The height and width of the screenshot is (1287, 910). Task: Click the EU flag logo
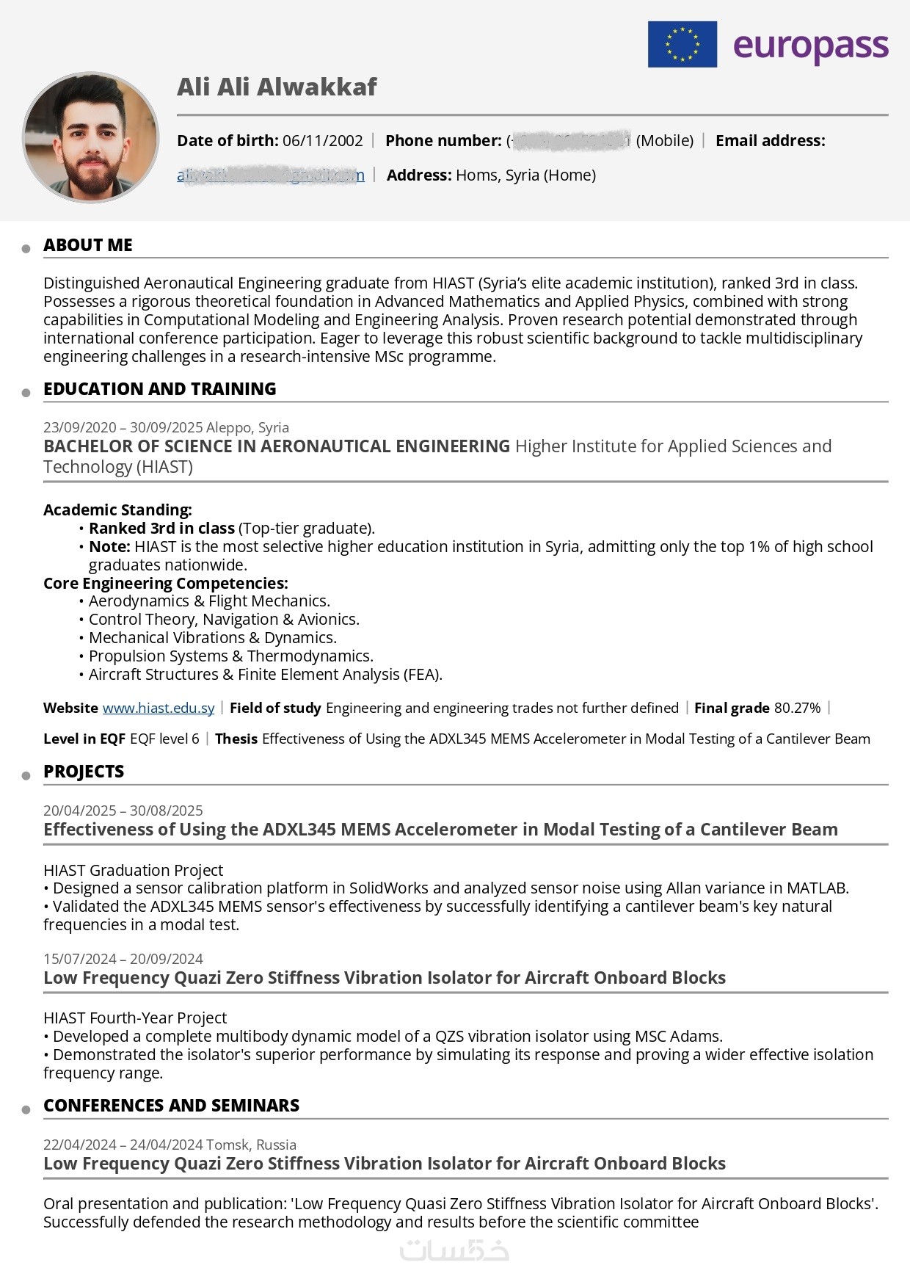point(682,44)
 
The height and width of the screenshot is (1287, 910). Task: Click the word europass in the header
point(810,46)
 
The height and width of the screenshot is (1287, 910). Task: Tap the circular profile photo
point(91,137)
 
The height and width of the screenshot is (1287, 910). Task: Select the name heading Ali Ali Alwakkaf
point(277,87)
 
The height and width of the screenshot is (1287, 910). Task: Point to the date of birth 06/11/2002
point(322,140)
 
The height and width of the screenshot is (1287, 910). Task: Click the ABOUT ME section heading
point(88,245)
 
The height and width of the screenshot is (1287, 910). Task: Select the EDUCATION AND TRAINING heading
point(159,389)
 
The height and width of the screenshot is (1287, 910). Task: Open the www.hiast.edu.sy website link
point(159,708)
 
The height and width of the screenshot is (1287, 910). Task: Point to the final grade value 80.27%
point(797,708)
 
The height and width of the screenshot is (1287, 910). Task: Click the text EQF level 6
point(164,739)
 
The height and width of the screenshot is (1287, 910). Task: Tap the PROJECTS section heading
point(84,772)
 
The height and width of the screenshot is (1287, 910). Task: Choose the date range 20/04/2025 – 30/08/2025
point(123,811)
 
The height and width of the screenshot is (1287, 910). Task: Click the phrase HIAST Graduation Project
point(133,870)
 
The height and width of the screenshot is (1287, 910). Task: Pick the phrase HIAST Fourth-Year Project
point(135,1018)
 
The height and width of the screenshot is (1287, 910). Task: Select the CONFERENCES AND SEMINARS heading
point(171,1106)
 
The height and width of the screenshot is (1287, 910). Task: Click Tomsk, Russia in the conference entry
point(252,1145)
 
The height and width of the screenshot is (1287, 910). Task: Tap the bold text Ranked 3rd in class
point(161,528)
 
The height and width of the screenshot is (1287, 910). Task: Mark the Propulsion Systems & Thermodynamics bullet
point(230,656)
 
